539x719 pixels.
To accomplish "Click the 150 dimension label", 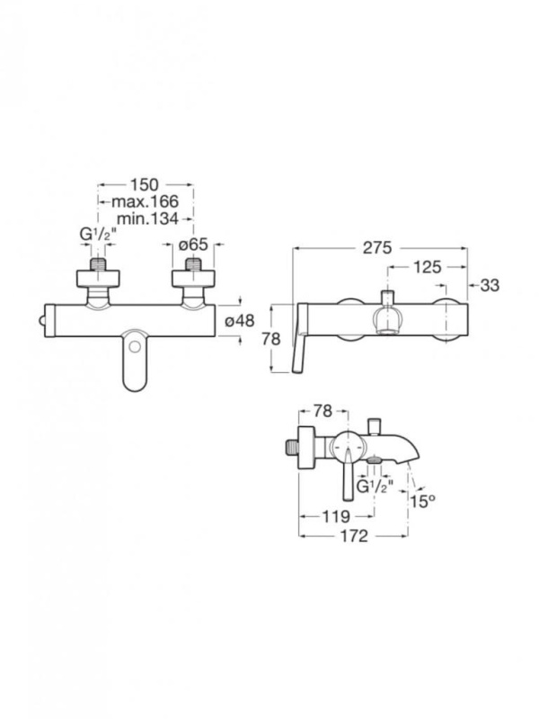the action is click(x=145, y=185).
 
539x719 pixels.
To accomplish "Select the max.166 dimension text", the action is click(x=145, y=201).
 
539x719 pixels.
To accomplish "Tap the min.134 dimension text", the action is click(x=147, y=218).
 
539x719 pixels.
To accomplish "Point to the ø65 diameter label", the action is click(x=193, y=244).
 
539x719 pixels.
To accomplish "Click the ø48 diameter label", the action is click(x=239, y=321).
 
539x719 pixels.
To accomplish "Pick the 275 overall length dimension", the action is click(x=377, y=248).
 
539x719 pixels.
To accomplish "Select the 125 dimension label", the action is click(x=428, y=267).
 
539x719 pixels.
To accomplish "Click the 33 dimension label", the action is click(x=490, y=285).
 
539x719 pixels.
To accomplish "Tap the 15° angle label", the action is click(x=422, y=502).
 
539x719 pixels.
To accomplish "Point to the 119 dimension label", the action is click(x=336, y=517).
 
